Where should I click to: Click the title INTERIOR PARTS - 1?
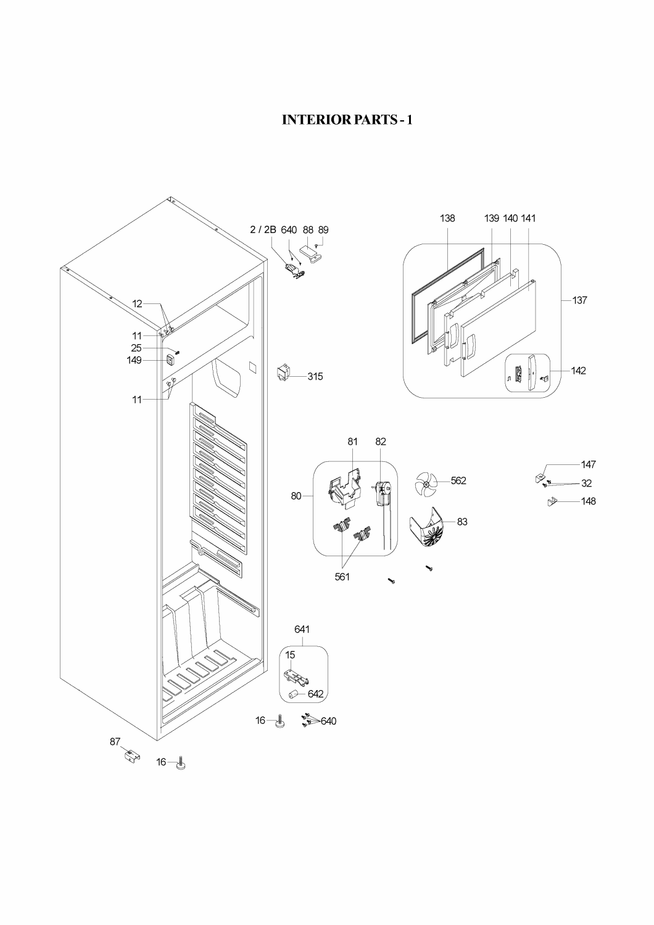coord(347,119)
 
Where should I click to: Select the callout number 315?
coord(315,376)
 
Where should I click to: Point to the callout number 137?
coord(579,300)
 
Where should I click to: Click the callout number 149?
coord(135,360)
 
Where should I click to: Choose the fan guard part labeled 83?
coord(428,527)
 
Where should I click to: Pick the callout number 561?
coord(342,577)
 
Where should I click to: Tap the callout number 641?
coord(302,629)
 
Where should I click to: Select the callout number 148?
coord(589,501)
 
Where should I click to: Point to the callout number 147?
coord(589,464)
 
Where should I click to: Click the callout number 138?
coord(447,218)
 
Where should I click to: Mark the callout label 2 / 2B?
coord(263,230)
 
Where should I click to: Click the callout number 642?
coord(315,694)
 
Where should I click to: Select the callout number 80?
coord(297,495)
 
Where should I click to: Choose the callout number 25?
coord(136,348)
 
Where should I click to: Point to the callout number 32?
coord(586,483)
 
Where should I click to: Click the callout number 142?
coord(578,371)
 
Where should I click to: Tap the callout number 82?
coord(381,442)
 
